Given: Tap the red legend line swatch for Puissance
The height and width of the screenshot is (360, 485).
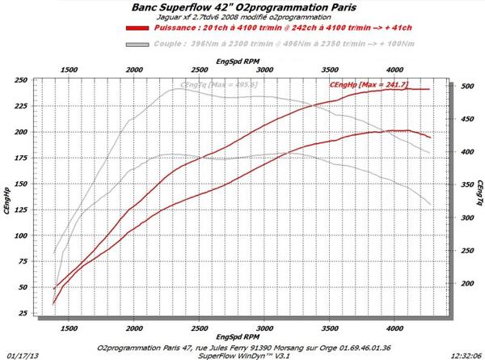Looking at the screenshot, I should pyautogui.click(x=142, y=27).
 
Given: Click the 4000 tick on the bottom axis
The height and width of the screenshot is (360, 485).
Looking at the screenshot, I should pyautogui.click(x=395, y=328).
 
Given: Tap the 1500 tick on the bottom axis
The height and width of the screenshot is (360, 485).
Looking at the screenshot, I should pyautogui.click(x=69, y=328).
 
